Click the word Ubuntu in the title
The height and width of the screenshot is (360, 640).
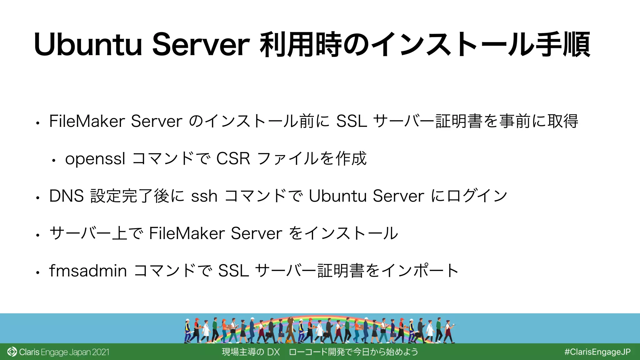[x=88, y=45]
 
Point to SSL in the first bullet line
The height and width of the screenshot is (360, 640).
[x=351, y=121]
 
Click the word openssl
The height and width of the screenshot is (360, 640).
[x=95, y=159]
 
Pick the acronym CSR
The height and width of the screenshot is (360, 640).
[x=233, y=159]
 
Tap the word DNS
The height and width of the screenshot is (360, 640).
[x=66, y=196]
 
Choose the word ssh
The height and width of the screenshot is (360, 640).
[x=204, y=196]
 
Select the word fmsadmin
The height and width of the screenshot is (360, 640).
[x=88, y=271]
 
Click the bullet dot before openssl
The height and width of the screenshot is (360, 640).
[x=54, y=161]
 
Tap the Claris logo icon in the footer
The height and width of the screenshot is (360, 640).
[x=12, y=352]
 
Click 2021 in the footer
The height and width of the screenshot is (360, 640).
[x=101, y=352]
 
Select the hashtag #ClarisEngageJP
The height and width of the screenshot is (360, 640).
[x=597, y=352]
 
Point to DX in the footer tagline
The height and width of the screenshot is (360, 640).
[x=273, y=352]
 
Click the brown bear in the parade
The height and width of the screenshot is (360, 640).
[x=291, y=328]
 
